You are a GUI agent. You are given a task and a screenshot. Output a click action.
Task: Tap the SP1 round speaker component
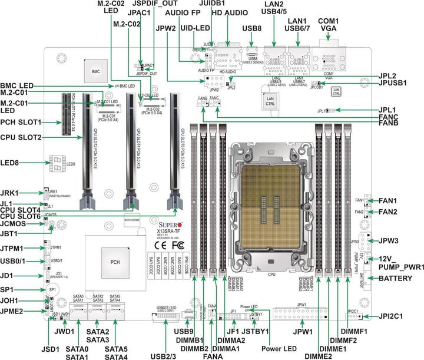[51, 290]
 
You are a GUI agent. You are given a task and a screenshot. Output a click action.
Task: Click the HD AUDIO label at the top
[226, 12]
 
